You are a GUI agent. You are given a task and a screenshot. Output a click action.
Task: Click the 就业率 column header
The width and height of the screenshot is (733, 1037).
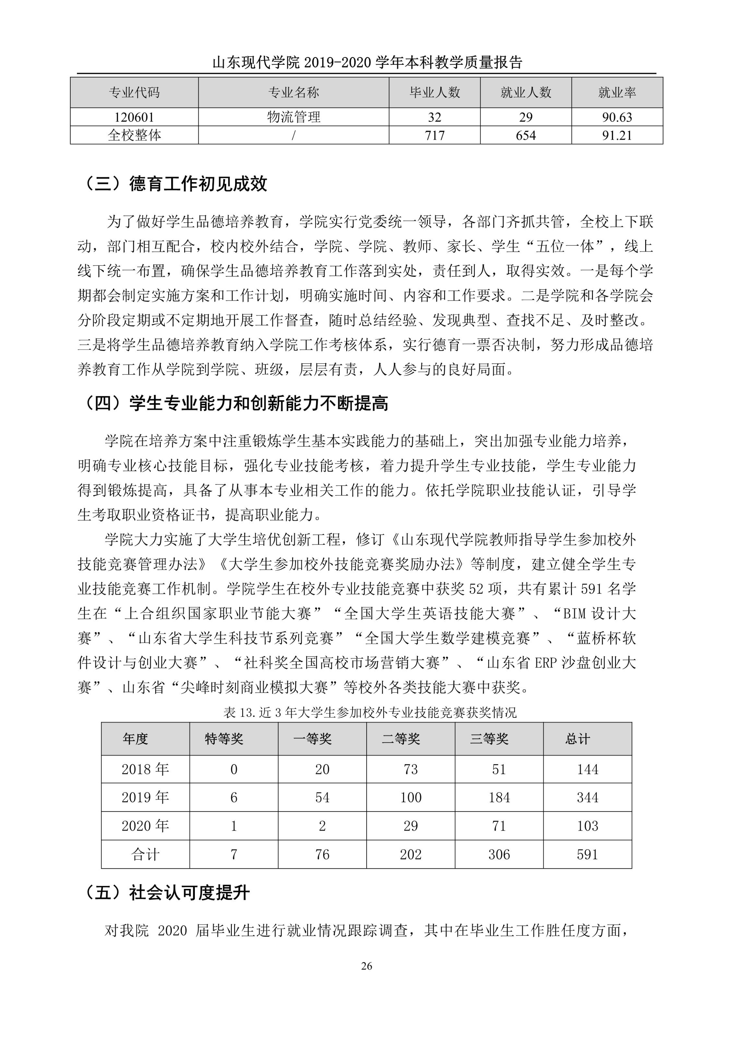point(617,93)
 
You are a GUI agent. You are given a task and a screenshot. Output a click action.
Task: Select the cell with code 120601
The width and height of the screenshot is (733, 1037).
point(134,117)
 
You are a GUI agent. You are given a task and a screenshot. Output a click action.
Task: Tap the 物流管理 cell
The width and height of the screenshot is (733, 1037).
point(294,117)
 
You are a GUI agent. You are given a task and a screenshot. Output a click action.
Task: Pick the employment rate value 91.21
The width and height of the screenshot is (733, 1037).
point(617,135)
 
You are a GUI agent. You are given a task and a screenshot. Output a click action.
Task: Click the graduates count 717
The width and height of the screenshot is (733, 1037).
point(434,135)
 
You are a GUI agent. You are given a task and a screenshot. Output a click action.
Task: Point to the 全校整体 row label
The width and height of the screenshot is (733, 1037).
point(134,135)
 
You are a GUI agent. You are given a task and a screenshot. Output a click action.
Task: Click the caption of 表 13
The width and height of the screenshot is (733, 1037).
point(370,713)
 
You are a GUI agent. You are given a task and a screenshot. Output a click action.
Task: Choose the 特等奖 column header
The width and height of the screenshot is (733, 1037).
point(224,739)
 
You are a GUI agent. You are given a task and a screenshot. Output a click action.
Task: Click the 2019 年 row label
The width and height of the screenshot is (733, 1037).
point(145,797)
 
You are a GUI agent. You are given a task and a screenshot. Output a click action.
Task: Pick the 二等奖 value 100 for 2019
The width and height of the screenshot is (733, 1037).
point(410,797)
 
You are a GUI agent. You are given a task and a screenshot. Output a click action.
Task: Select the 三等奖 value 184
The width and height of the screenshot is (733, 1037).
point(499,797)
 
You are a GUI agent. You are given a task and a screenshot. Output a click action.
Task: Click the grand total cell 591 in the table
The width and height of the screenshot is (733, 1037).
point(587,854)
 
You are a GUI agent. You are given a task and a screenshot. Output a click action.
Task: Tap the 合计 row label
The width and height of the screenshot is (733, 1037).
point(145,854)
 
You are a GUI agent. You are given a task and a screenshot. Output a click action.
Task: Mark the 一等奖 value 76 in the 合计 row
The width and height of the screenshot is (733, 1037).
point(322,854)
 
